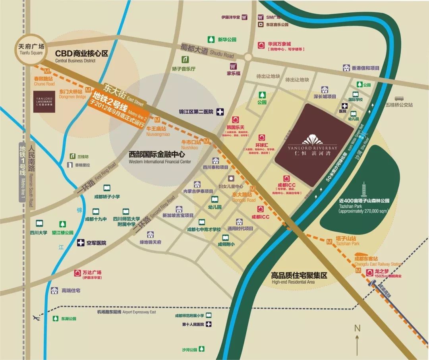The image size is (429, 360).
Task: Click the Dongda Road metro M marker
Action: [x=253, y=188]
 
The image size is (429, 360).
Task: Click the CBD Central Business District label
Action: [x=81, y=55]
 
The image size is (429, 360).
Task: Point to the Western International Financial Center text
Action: [x=160, y=158]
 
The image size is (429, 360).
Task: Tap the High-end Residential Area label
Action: [x=299, y=277]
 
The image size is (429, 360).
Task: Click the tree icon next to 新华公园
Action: [x=211, y=39]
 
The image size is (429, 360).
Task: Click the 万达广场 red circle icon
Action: [x=78, y=273]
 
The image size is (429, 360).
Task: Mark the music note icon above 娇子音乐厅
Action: [x=185, y=60]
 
